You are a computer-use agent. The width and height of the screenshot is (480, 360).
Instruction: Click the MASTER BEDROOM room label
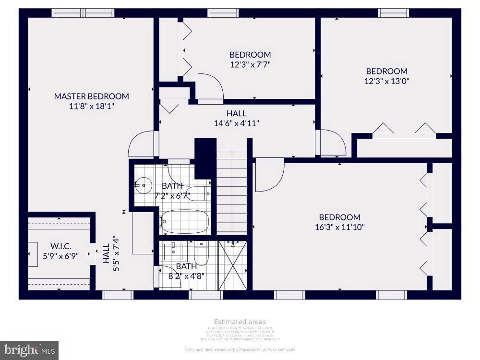(x=91, y=96)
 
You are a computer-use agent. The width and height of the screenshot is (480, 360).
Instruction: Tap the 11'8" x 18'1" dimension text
(x=91, y=106)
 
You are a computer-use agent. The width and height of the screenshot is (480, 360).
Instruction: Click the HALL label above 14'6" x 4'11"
(x=236, y=113)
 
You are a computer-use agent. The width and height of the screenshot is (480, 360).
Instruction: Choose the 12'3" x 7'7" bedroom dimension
(x=250, y=64)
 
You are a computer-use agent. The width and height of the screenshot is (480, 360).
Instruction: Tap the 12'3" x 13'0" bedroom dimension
(x=386, y=81)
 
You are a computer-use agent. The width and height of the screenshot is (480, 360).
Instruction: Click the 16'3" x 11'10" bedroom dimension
(x=340, y=227)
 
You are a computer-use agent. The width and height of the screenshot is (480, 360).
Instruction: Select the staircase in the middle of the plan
(x=232, y=192)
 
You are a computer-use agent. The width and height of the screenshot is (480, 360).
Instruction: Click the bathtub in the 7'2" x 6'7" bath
(x=185, y=222)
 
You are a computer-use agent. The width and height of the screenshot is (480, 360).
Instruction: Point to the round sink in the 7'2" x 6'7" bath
(x=143, y=184)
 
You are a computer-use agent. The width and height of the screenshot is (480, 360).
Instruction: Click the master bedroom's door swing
(x=143, y=144)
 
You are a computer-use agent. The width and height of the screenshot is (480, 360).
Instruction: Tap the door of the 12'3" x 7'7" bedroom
(x=210, y=88)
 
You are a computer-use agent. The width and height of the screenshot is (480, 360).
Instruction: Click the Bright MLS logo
(x=29, y=350)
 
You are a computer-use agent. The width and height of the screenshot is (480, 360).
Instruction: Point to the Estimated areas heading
(x=240, y=322)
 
